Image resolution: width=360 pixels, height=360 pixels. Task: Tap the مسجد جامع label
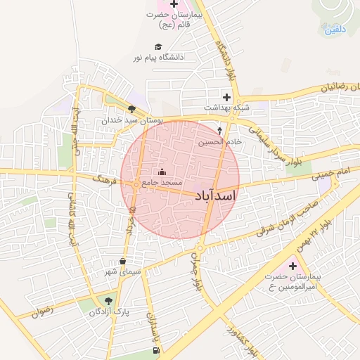(162, 182)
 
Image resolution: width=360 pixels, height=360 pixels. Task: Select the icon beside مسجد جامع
(162, 172)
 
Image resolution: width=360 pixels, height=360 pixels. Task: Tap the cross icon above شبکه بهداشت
(226, 97)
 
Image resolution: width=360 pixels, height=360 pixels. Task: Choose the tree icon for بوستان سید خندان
(131, 109)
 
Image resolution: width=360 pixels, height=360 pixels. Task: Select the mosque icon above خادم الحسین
(219, 131)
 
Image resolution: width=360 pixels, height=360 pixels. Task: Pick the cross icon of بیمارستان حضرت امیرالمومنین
(292, 266)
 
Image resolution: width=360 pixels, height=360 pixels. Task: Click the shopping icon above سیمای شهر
(123, 261)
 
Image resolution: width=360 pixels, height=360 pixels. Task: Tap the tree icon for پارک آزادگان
(108, 301)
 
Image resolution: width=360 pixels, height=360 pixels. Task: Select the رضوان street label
(42, 309)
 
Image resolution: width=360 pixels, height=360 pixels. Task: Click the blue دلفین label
(335, 30)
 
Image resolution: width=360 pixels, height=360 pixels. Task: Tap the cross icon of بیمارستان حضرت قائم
(174, 6)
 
